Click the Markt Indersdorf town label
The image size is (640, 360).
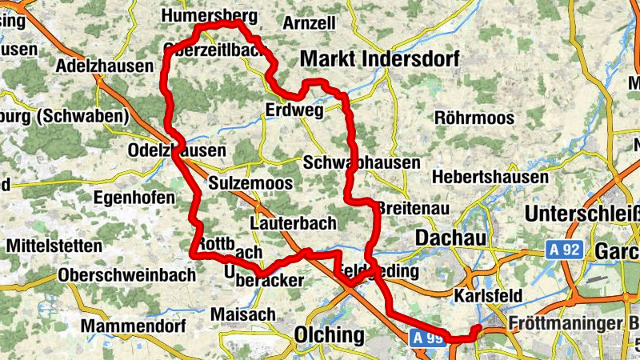click(x=379, y=59)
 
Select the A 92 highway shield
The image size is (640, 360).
click(x=565, y=250)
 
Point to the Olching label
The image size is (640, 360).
click(x=329, y=334)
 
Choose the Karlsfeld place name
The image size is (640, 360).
click(x=487, y=296)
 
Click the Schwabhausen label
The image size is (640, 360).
click(x=362, y=162)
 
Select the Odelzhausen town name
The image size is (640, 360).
click(x=177, y=150)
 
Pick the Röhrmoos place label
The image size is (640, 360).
click(x=474, y=118)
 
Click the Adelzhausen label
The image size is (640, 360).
click(x=105, y=65)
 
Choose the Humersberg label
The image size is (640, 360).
click(x=209, y=15)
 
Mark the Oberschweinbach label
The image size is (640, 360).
click(x=127, y=275)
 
